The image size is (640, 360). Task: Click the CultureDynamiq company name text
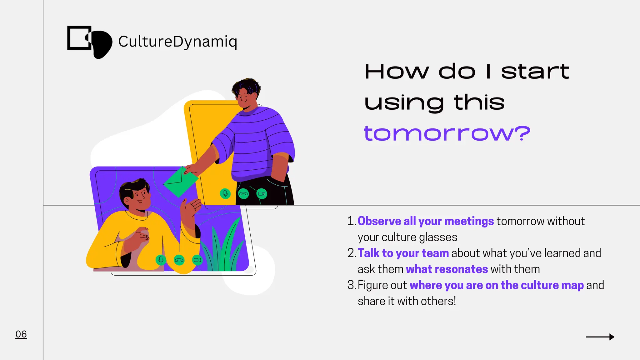(177, 42)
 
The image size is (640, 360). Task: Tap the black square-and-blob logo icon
(89, 42)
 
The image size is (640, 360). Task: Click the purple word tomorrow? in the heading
(447, 133)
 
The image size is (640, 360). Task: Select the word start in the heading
(535, 72)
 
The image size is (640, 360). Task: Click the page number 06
(21, 334)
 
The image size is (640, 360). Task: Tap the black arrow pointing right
(600, 337)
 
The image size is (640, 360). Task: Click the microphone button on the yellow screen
(225, 194)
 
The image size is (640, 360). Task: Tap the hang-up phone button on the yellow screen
(243, 194)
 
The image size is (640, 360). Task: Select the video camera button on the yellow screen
(262, 194)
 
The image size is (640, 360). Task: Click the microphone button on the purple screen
(161, 260)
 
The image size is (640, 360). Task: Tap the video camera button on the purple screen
(197, 260)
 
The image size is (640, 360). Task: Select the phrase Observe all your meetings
(425, 221)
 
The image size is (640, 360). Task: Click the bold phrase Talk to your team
(403, 253)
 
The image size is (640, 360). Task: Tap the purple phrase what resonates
(447, 269)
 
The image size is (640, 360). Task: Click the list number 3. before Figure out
(351, 285)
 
